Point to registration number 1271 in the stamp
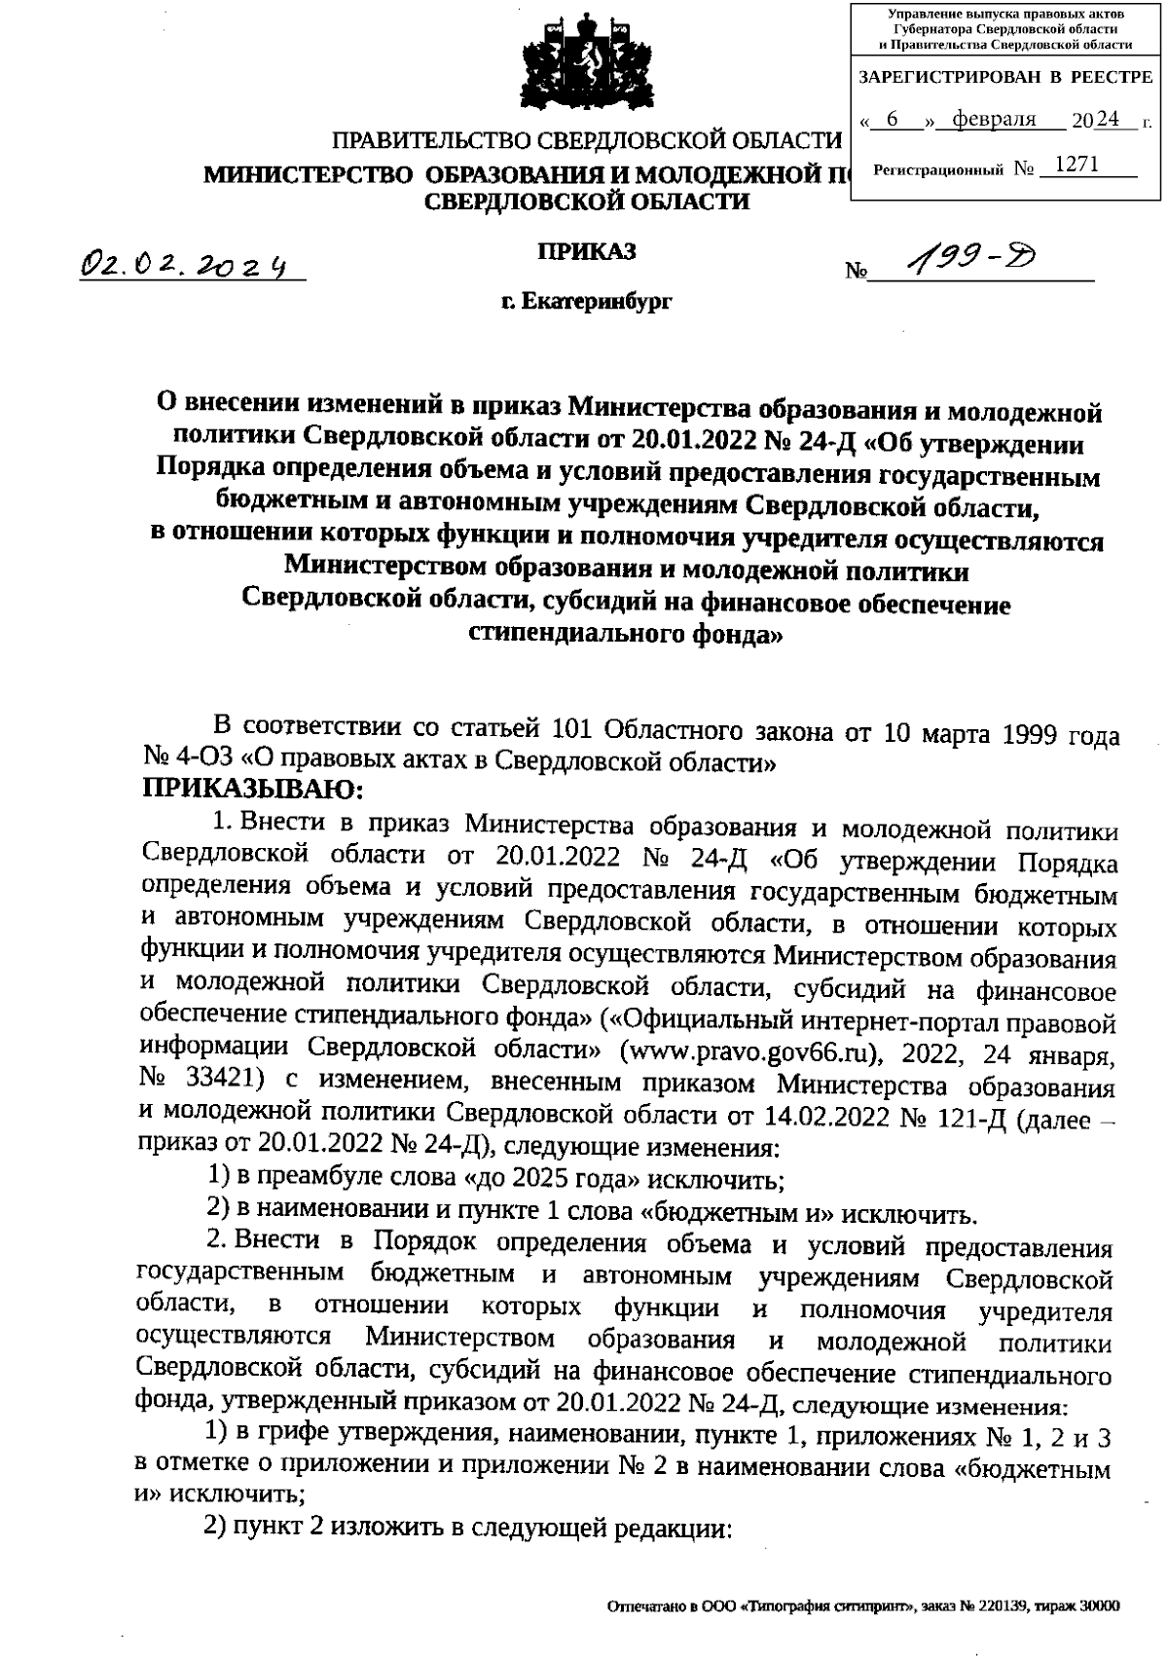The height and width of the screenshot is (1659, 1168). [1076, 166]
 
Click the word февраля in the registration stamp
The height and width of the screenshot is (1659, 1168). [993, 120]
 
